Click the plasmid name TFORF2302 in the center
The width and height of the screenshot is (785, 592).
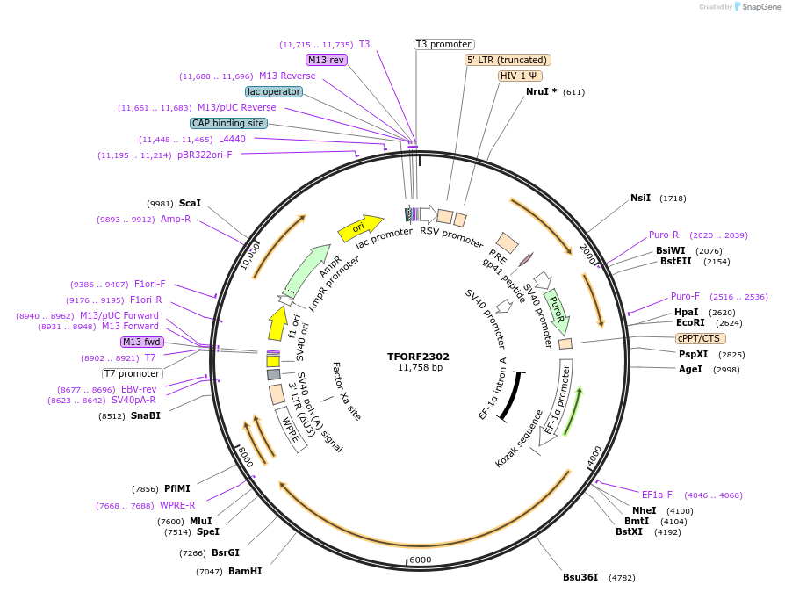coord(418,357)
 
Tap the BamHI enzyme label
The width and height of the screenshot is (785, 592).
coord(245,571)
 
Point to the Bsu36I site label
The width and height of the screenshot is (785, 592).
coord(580,577)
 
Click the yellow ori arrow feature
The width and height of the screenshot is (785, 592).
coord(359,228)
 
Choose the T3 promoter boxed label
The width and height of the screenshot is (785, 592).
coord(443,44)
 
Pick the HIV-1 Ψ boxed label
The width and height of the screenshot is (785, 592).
coord(520,76)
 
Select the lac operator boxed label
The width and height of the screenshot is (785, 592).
coord(274,91)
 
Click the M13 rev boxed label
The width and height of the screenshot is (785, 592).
coord(326,60)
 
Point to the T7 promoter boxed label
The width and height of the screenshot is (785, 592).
coord(132,373)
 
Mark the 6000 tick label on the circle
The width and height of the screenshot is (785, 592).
coord(421,560)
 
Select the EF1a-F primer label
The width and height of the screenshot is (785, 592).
coord(657,495)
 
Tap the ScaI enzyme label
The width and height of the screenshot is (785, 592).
coord(190,203)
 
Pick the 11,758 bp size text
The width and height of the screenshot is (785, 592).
coord(418,367)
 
